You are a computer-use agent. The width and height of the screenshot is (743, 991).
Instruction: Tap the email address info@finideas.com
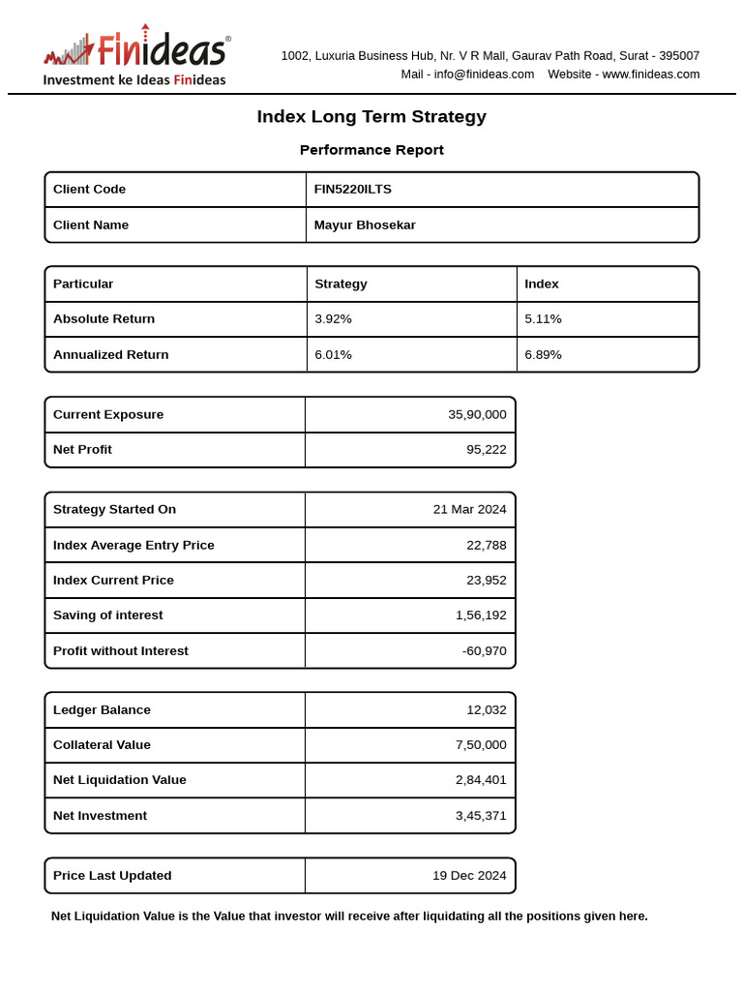click(484, 75)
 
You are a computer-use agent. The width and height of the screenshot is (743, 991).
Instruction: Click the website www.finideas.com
click(650, 75)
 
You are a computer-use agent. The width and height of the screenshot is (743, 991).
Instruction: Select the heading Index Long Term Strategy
click(371, 117)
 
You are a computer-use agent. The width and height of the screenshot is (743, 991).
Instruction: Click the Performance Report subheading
click(371, 150)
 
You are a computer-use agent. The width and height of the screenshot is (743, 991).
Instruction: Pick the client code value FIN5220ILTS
click(353, 190)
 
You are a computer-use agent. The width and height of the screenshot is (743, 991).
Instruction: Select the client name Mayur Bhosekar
click(365, 225)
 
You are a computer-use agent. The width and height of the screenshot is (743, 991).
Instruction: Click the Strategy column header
click(341, 285)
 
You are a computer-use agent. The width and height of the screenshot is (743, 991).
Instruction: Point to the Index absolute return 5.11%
click(543, 319)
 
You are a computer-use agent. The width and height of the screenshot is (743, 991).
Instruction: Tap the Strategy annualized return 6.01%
click(333, 355)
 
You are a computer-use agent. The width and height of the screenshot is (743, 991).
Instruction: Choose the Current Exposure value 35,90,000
click(477, 414)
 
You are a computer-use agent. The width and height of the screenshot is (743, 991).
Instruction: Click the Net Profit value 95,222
click(486, 450)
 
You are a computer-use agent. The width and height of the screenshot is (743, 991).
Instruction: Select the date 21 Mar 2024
click(469, 510)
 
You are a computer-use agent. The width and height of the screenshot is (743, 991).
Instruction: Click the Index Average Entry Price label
click(134, 546)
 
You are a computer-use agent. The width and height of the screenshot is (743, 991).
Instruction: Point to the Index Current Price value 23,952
click(486, 581)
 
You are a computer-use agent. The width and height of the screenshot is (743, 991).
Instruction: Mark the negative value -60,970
click(484, 651)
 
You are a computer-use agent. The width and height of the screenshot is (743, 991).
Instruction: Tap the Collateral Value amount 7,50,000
click(481, 745)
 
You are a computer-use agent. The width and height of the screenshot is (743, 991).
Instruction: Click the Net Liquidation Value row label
click(120, 780)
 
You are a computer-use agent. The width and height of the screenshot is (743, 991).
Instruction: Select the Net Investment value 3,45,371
click(481, 816)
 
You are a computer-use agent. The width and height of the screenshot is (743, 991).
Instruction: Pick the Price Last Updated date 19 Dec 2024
click(469, 876)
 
